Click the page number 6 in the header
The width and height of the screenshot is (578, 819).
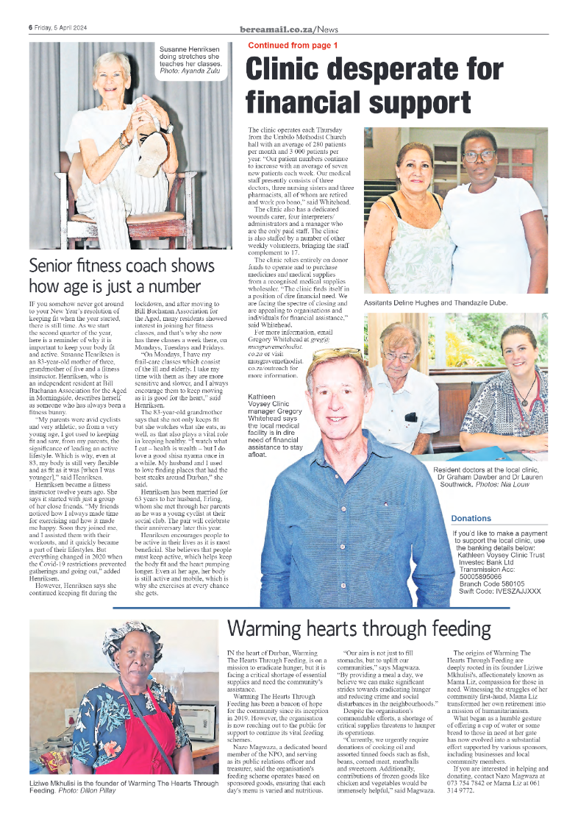tap(31, 28)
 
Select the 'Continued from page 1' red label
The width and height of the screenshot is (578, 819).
tap(293, 46)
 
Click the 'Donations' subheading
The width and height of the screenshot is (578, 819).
tap(471, 518)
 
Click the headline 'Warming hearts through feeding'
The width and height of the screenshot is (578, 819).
tap(358, 628)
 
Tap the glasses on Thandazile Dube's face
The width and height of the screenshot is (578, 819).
tap(478, 156)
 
